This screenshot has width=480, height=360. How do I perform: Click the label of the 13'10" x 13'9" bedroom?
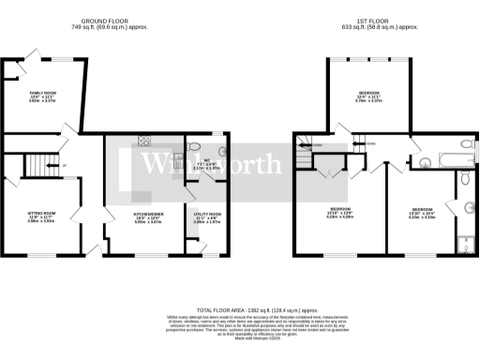click(x=339, y=211)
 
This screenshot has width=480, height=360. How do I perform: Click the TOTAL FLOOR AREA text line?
click(x=240, y=308)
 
